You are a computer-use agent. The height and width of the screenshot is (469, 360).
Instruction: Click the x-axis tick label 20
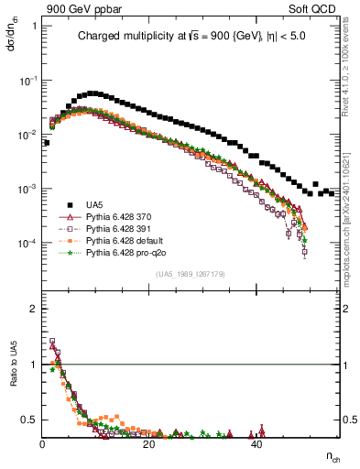coord(149,444)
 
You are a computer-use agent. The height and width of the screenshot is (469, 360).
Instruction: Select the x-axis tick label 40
coord(256,444)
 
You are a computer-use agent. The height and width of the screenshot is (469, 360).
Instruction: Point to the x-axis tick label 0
coord(43,444)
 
